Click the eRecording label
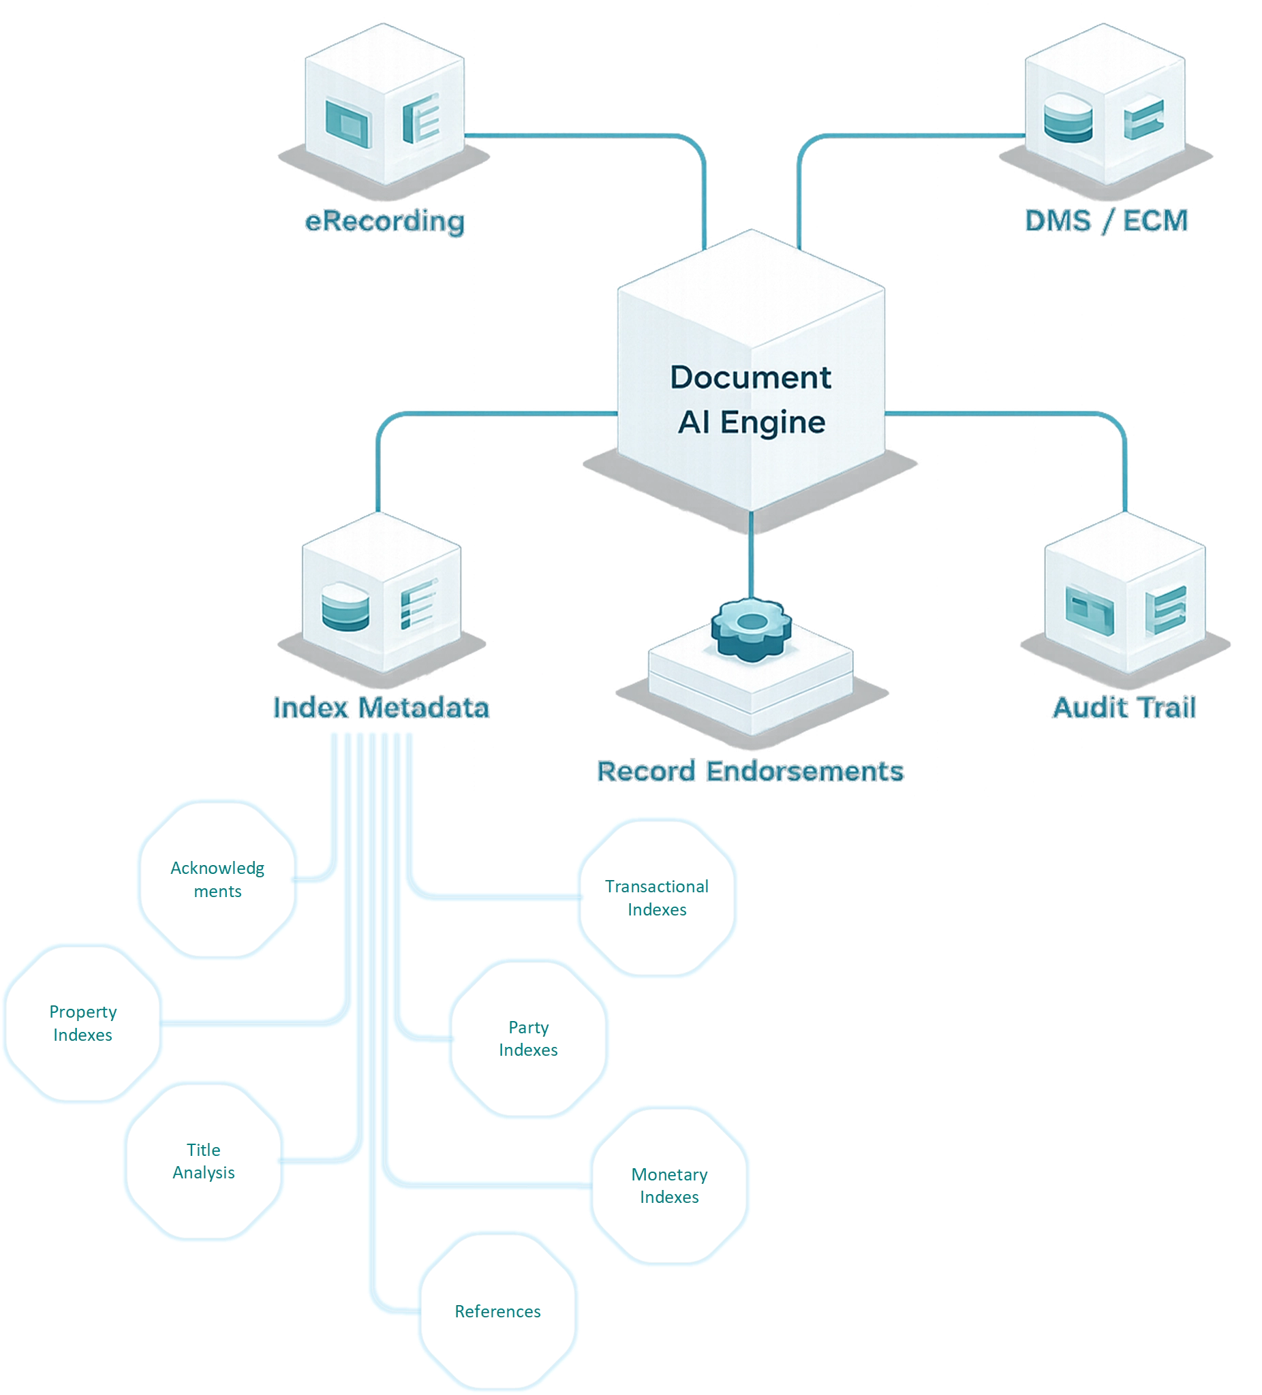click(385, 221)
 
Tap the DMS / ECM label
click(1105, 221)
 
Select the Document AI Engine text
click(751, 399)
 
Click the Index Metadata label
click(381, 707)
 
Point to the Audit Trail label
click(1124, 707)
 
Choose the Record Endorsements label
click(750, 771)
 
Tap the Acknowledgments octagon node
click(217, 879)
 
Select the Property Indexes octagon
click(82, 1022)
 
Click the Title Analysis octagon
click(204, 1161)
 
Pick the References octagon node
click(497, 1311)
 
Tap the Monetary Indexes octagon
click(669, 1185)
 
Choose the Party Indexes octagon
click(528, 1038)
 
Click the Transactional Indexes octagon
click(656, 898)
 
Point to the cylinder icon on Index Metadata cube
click(345, 608)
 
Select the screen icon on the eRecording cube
click(348, 123)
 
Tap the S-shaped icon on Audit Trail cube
click(1166, 609)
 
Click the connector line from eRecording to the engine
click(589, 136)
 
